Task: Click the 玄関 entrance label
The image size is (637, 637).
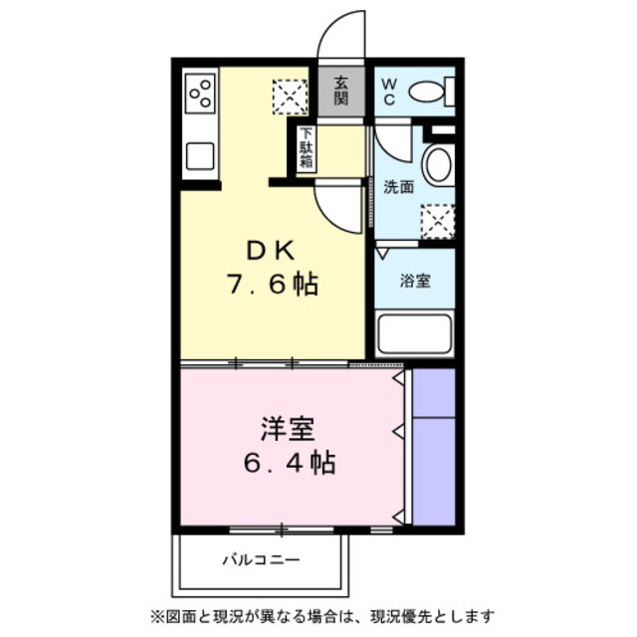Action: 341,91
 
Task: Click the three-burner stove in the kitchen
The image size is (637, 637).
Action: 200,93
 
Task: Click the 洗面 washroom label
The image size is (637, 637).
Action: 398,186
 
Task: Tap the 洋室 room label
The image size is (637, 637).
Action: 289,429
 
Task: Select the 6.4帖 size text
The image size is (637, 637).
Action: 290,463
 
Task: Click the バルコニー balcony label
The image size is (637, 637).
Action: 260,560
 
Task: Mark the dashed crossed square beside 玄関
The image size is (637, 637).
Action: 292,97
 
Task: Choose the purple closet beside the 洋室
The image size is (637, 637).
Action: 432,446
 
